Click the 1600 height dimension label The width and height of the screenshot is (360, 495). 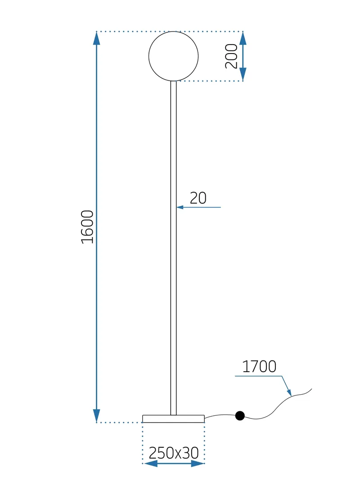(x=87, y=227)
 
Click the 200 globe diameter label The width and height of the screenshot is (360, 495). (x=231, y=56)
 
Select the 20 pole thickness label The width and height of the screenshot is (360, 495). (x=198, y=198)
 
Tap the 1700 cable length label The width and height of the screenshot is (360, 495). (x=259, y=367)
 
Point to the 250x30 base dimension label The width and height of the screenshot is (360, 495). (x=174, y=453)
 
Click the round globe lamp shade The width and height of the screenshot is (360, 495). (x=173, y=56)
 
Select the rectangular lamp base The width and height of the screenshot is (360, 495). (x=173, y=419)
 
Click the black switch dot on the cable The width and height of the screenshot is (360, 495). (x=240, y=416)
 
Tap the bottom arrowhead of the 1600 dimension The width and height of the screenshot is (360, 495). (x=96, y=416)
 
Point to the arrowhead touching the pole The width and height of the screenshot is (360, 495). (x=180, y=207)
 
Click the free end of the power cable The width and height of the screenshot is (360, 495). (x=311, y=389)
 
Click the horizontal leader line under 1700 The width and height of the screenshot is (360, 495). (x=258, y=376)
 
